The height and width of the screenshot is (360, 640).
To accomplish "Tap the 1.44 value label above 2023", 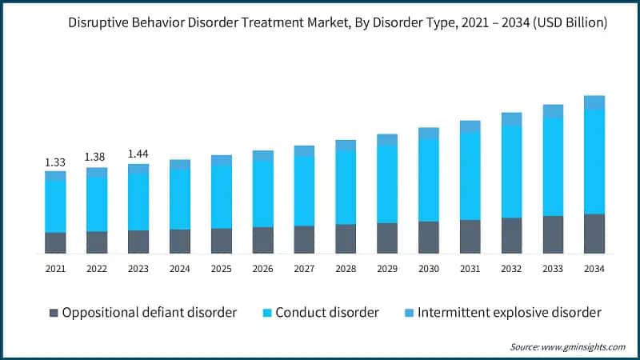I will (138, 154).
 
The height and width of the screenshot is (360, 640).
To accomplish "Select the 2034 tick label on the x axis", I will (594, 270).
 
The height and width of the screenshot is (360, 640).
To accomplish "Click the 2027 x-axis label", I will (304, 270).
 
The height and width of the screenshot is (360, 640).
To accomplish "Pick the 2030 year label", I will (429, 270).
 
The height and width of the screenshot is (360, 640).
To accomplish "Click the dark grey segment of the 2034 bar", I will (594, 234).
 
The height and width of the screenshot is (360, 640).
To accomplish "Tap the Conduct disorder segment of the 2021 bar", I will (55, 206).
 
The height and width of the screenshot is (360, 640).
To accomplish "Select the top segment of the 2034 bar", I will (594, 102).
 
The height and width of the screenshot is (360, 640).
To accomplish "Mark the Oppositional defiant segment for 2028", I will (346, 238).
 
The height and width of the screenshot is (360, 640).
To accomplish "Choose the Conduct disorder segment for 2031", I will (470, 176).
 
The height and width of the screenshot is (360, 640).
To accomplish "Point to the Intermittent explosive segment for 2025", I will (222, 160).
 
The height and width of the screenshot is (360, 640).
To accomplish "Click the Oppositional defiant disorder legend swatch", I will (53, 312).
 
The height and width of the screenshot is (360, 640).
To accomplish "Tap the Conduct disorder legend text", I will (326, 312).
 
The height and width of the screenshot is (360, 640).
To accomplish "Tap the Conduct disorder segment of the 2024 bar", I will (180, 198).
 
